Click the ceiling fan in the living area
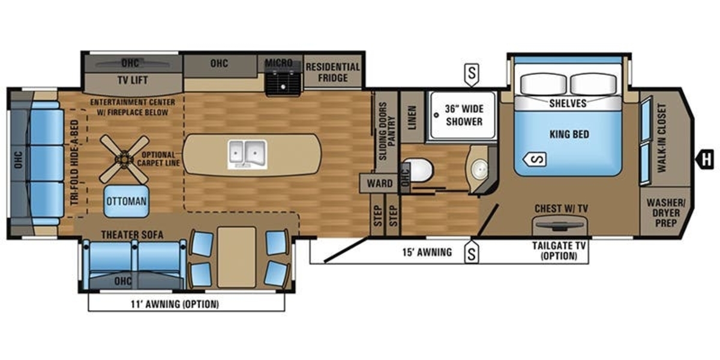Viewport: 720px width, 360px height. click(124, 159)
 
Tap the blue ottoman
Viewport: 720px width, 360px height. click(127, 201)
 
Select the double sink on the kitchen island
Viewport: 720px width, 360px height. click(247, 154)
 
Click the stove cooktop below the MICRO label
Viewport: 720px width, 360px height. click(283, 83)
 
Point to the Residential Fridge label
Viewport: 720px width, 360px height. click(332, 73)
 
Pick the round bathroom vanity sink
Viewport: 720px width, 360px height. click(479, 169)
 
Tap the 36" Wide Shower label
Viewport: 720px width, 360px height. click(464, 115)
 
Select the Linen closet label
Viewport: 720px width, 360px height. click(412, 118)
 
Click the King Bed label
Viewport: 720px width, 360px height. click(569, 134)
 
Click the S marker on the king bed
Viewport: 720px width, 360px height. click(535, 159)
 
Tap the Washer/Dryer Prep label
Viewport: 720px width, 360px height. click(665, 213)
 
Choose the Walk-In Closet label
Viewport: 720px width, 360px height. click(662, 138)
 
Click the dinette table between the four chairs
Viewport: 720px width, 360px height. click(236, 257)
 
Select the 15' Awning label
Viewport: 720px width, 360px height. click(427, 253)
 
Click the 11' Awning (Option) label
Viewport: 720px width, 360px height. click(175, 304)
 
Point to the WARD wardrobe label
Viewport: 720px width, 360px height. click(380, 184)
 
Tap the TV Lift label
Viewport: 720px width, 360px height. click(133, 80)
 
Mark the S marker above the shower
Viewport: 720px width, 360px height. click(472, 74)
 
